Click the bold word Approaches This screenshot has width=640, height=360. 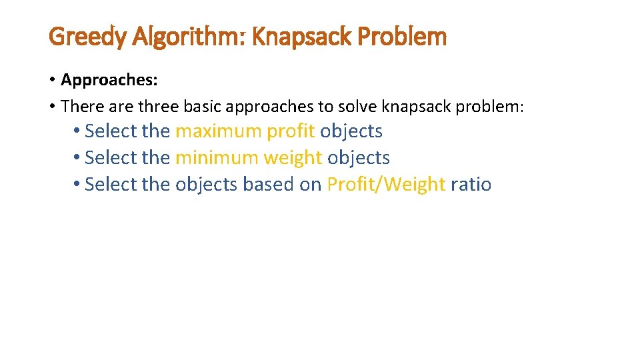point(109,80)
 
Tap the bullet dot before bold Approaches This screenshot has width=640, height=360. point(52,80)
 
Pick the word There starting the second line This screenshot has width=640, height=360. point(79,106)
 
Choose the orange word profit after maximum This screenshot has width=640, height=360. point(291,131)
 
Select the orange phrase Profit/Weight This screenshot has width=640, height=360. point(385,184)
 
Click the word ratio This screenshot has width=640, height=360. point(471,184)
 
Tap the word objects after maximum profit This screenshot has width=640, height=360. point(351,131)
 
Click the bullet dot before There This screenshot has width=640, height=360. point(52,106)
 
